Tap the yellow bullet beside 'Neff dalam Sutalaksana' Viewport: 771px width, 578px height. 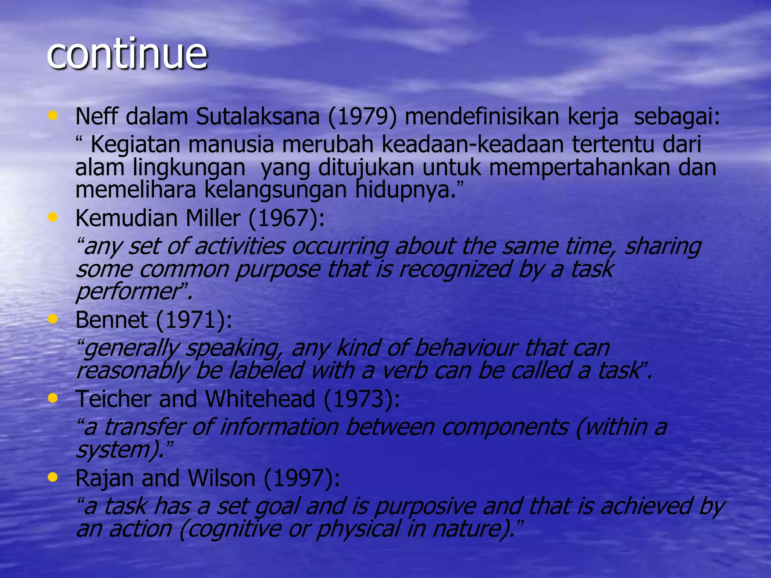[x=53, y=116]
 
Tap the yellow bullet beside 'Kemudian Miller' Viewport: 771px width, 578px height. [x=53, y=217]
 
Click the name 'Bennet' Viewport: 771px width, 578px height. [x=111, y=320]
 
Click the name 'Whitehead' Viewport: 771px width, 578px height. [x=260, y=399]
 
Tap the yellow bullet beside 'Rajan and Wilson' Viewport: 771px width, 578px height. [x=53, y=477]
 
